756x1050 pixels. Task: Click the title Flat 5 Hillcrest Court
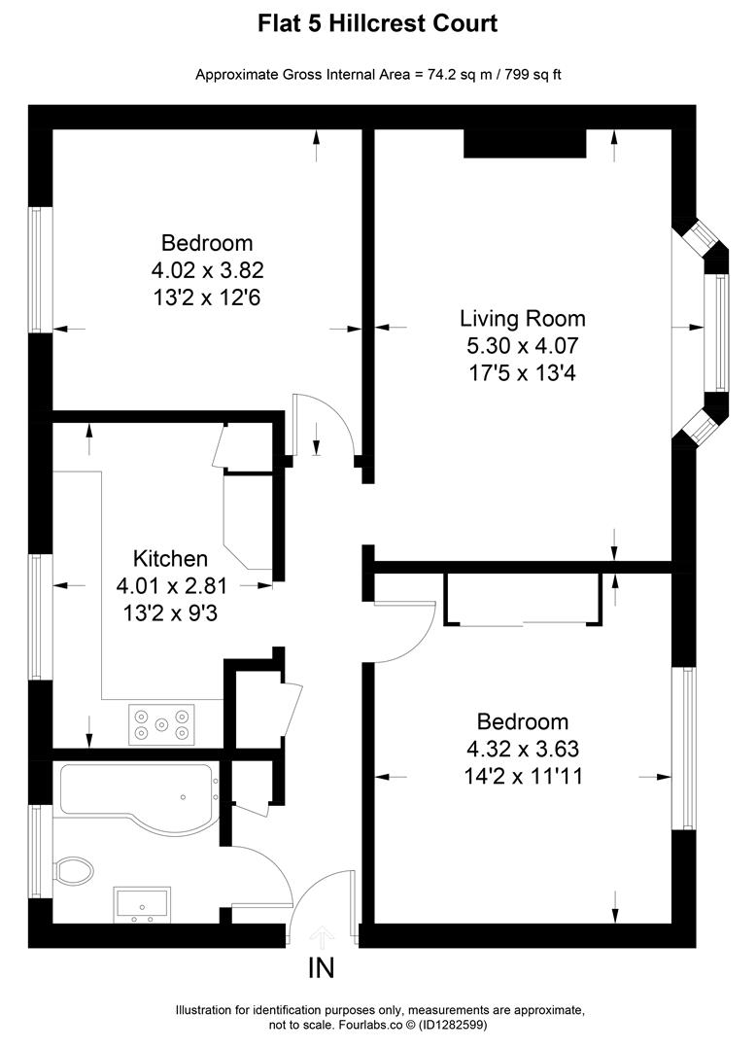pyautogui.click(x=377, y=23)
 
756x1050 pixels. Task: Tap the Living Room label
pyautogui.click(x=522, y=318)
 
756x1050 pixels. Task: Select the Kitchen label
pyautogui.click(x=170, y=559)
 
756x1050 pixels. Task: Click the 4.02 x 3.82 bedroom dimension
pyautogui.click(x=207, y=269)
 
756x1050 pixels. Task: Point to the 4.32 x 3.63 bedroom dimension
pyautogui.click(x=522, y=750)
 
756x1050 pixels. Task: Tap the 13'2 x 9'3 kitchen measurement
pyautogui.click(x=170, y=612)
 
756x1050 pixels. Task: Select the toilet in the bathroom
pyautogui.click(x=74, y=869)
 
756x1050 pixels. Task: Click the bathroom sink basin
pyautogui.click(x=142, y=902)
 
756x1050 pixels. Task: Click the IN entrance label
pyautogui.click(x=321, y=967)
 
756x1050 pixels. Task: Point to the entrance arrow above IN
pyautogui.click(x=321, y=936)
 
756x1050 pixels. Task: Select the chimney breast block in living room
pyautogui.click(x=525, y=143)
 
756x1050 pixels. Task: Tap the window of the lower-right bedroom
pyautogui.click(x=688, y=749)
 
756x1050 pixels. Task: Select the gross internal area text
pyautogui.click(x=377, y=74)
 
